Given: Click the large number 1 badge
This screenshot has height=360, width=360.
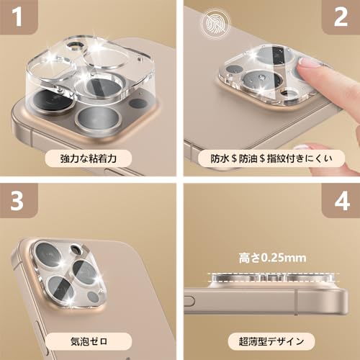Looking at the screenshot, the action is (x=17, y=17).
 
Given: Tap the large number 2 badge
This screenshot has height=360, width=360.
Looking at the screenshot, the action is (x=341, y=17).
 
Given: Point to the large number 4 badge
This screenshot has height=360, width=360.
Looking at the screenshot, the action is (x=342, y=201).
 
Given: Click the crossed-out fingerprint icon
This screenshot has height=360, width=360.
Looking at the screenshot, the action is (x=216, y=23).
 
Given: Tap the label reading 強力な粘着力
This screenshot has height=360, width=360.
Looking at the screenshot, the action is (x=89, y=158).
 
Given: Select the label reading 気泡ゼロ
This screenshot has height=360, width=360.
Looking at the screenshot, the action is (x=89, y=341).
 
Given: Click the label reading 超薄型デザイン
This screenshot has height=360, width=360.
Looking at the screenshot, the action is (x=271, y=341).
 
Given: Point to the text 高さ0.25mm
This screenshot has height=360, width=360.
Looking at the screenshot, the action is (x=272, y=258).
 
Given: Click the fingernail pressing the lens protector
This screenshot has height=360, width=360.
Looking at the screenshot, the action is (x=308, y=63).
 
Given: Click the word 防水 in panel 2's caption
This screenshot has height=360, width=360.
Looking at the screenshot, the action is (x=220, y=158).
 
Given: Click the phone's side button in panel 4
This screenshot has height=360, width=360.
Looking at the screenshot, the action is (x=189, y=301).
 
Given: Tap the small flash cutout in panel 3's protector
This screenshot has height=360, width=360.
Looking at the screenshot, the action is (x=76, y=250).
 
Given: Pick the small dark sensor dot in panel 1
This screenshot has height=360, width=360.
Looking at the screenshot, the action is (x=138, y=104).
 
